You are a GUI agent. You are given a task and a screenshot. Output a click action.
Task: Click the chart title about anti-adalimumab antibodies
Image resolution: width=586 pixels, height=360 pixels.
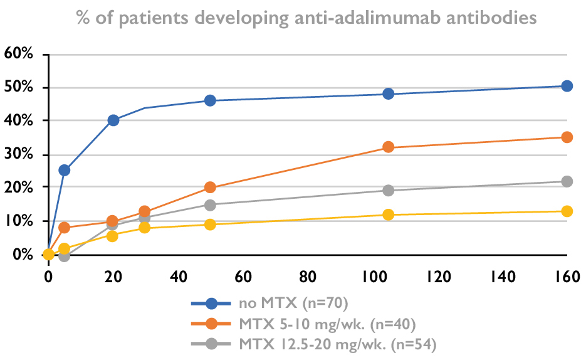click(306, 17)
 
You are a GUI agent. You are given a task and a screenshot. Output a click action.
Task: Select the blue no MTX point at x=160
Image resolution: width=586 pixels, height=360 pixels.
click(567, 86)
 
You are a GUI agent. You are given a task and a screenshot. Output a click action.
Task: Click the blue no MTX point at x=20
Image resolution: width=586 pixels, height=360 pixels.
click(113, 120)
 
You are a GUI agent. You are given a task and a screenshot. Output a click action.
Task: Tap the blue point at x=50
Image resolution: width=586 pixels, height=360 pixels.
click(210, 100)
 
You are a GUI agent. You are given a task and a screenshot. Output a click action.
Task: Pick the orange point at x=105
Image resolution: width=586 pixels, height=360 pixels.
click(389, 147)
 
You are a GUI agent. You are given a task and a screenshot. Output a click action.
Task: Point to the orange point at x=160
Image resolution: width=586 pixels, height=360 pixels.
click(567, 137)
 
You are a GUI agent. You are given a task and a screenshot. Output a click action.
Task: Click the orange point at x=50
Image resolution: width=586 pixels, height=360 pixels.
click(210, 187)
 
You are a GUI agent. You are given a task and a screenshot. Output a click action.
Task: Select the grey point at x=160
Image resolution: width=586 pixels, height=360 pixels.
click(567, 181)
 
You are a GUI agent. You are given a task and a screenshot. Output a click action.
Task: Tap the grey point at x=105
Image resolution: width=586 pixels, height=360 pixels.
click(389, 190)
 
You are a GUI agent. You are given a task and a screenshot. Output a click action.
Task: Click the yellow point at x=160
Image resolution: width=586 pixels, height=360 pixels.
click(567, 211)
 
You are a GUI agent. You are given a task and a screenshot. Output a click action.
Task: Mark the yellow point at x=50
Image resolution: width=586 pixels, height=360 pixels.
click(210, 224)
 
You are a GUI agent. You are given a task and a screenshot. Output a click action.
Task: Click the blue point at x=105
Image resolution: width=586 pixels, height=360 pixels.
click(389, 93)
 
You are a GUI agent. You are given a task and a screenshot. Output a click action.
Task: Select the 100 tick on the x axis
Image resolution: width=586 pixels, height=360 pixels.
click(372, 275)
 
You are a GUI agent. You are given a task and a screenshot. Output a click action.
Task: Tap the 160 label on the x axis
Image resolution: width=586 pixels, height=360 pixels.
click(567, 275)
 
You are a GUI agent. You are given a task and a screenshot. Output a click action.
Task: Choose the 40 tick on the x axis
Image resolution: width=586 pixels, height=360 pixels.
click(178, 275)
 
